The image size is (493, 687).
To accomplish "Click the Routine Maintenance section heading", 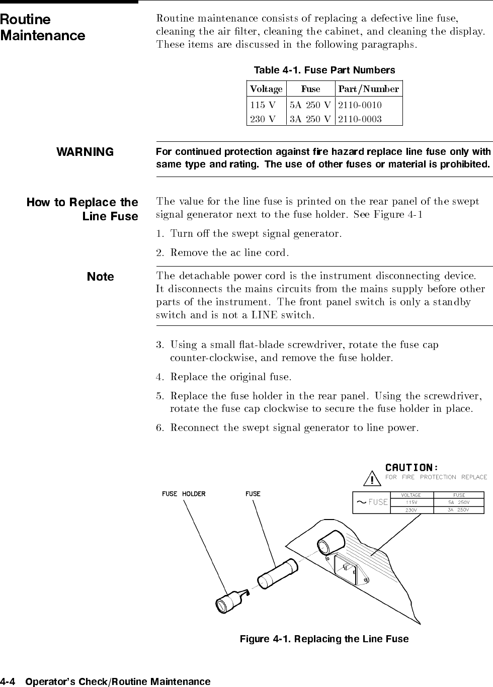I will [43, 28].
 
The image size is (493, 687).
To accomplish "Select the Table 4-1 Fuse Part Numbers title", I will [324, 70].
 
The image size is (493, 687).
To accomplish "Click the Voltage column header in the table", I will [266, 89].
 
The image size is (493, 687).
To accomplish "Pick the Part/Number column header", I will [369, 89].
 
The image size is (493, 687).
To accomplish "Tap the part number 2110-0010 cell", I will [360, 105].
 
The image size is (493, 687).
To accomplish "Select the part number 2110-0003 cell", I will [360, 119].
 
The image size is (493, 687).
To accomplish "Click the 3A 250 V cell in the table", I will [310, 119].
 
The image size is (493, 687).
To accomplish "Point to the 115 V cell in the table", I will [263, 105].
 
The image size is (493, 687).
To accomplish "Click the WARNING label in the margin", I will [85, 152].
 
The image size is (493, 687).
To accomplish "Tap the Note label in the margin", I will [101, 277].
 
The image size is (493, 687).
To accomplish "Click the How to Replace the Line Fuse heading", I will [83, 209].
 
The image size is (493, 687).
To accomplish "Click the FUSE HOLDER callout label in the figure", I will [184, 494].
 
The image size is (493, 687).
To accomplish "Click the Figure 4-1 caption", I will [324, 639].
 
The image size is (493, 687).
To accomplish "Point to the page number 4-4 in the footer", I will [9, 682].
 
